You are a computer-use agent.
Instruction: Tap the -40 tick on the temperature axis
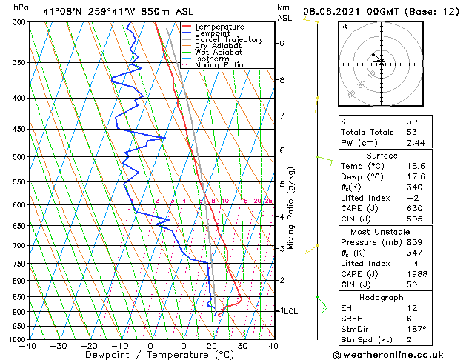click(28, 346)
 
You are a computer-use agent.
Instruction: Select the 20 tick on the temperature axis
click(212, 346)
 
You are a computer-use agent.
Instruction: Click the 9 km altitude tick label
click(282, 43)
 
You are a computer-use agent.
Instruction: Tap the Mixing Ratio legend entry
click(219, 65)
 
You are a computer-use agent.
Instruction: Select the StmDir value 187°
click(416, 328)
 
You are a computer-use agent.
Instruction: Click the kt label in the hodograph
click(344, 26)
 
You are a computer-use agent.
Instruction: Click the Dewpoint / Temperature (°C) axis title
click(151, 355)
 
